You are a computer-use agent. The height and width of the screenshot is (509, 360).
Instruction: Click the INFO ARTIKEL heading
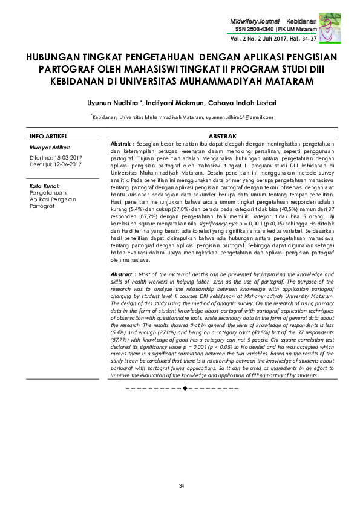(48, 136)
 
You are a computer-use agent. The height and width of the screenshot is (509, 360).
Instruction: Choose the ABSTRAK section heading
(221, 137)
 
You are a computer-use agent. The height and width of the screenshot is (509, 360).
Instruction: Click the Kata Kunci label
(44, 186)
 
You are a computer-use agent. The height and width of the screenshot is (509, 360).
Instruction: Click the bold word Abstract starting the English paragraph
(123, 274)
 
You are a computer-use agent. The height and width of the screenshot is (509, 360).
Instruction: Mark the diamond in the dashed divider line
(185, 386)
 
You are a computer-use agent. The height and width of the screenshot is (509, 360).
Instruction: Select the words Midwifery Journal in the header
(254, 21)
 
